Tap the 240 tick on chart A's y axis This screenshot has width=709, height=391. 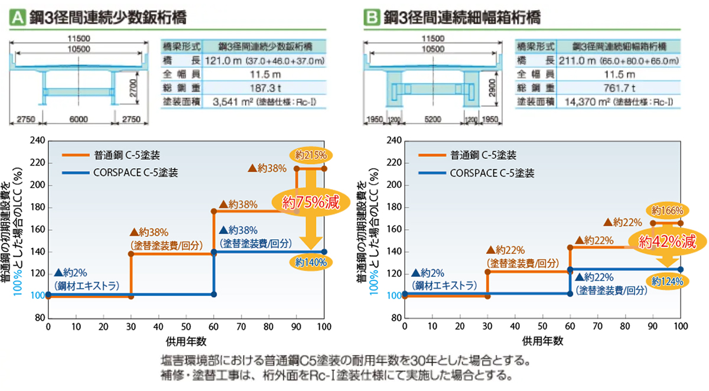coord(37,141)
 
